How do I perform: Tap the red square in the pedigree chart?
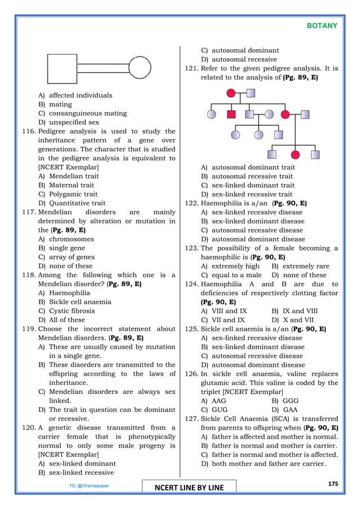(231, 114)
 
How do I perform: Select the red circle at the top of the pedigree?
(230, 93)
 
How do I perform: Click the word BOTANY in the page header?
(322, 26)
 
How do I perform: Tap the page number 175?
(333, 484)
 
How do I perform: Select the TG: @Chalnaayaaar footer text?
(85, 485)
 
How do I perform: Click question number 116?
(29, 131)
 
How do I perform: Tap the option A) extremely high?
(230, 266)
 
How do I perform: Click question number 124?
(191, 284)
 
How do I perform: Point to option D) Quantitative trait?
(72, 203)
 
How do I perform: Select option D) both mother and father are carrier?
(263, 464)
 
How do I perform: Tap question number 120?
(29, 428)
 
